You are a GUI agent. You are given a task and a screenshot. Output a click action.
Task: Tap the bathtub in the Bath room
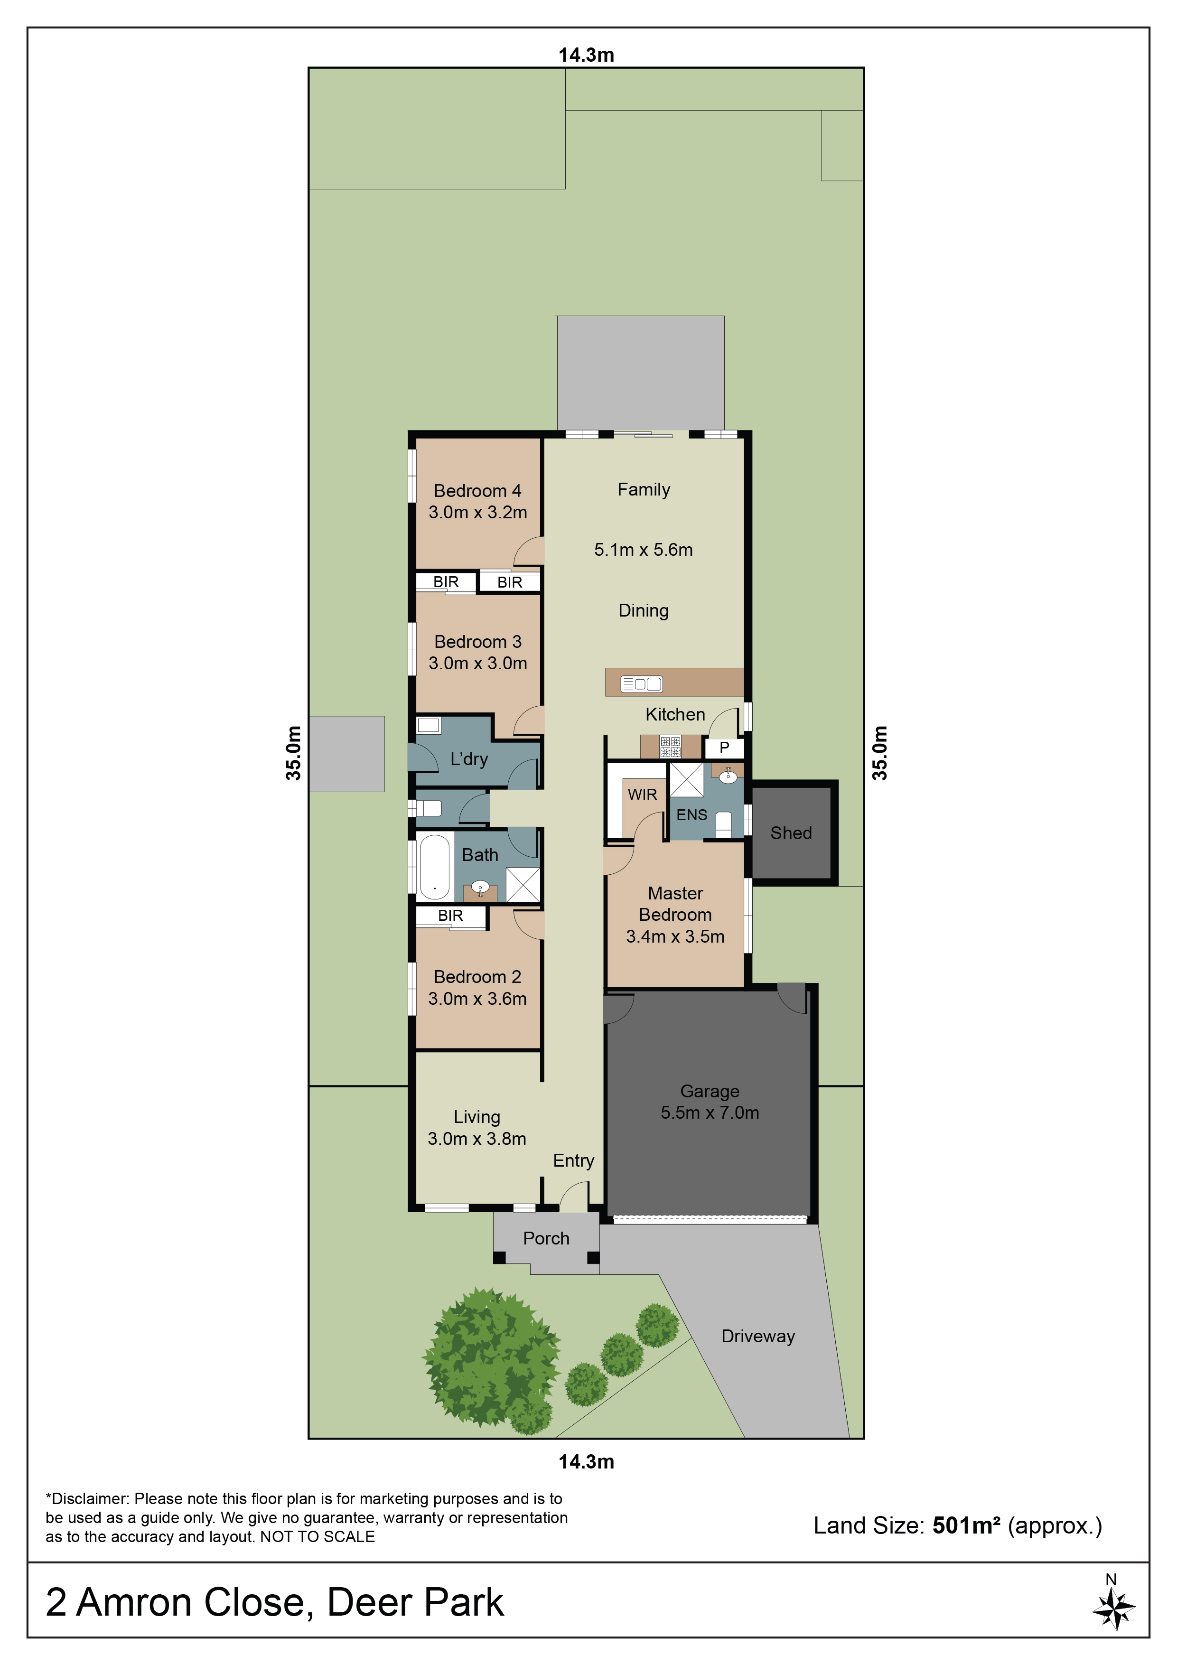434,867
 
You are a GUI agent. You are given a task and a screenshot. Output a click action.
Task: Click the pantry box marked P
724,748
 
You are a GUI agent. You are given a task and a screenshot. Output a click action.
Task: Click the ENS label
692,815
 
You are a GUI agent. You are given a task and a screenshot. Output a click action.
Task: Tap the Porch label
546,1239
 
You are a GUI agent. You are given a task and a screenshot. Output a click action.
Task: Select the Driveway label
758,1337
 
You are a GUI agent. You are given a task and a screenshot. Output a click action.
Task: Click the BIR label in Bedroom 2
450,916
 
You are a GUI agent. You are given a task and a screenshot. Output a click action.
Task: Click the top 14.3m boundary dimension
586,55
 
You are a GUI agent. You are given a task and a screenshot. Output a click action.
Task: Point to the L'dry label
469,759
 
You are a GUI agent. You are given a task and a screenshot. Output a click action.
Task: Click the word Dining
643,610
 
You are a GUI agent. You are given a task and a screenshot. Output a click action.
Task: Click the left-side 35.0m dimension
293,753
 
